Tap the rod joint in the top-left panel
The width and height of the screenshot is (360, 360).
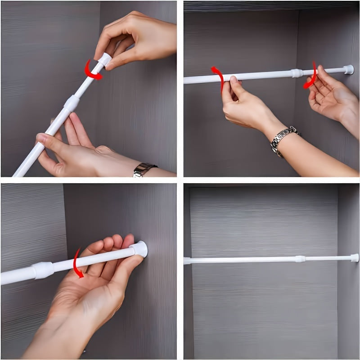coord(71,103)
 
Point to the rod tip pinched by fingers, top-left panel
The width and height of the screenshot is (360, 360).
coord(104,59)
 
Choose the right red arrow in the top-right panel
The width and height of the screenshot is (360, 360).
coord(311,76)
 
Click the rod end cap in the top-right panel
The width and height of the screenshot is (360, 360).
coord(348,69)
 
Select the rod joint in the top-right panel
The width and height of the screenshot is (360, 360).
coord(297,72)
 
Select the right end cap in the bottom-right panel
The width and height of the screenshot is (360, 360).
coord(355,258)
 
